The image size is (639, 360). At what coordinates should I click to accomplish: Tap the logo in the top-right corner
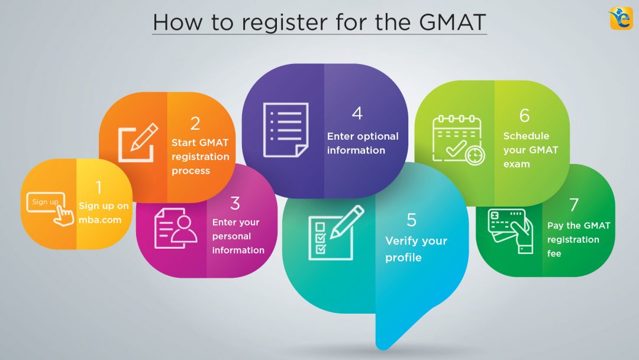[x=621, y=18]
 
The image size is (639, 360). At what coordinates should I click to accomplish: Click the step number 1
[x=98, y=188]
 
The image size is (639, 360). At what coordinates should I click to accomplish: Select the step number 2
[x=195, y=123]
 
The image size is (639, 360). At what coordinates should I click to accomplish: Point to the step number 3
[x=235, y=204]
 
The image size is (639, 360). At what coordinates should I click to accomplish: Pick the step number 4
[x=357, y=113]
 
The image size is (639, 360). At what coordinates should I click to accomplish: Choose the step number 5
[x=412, y=220]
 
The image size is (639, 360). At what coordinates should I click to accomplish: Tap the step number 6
[x=524, y=115]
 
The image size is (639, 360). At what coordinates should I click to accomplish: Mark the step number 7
[x=573, y=205]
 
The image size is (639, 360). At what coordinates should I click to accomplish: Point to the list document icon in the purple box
[x=285, y=129]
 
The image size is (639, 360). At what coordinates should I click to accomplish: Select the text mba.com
[x=100, y=220]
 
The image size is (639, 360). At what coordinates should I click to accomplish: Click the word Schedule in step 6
[x=526, y=136]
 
